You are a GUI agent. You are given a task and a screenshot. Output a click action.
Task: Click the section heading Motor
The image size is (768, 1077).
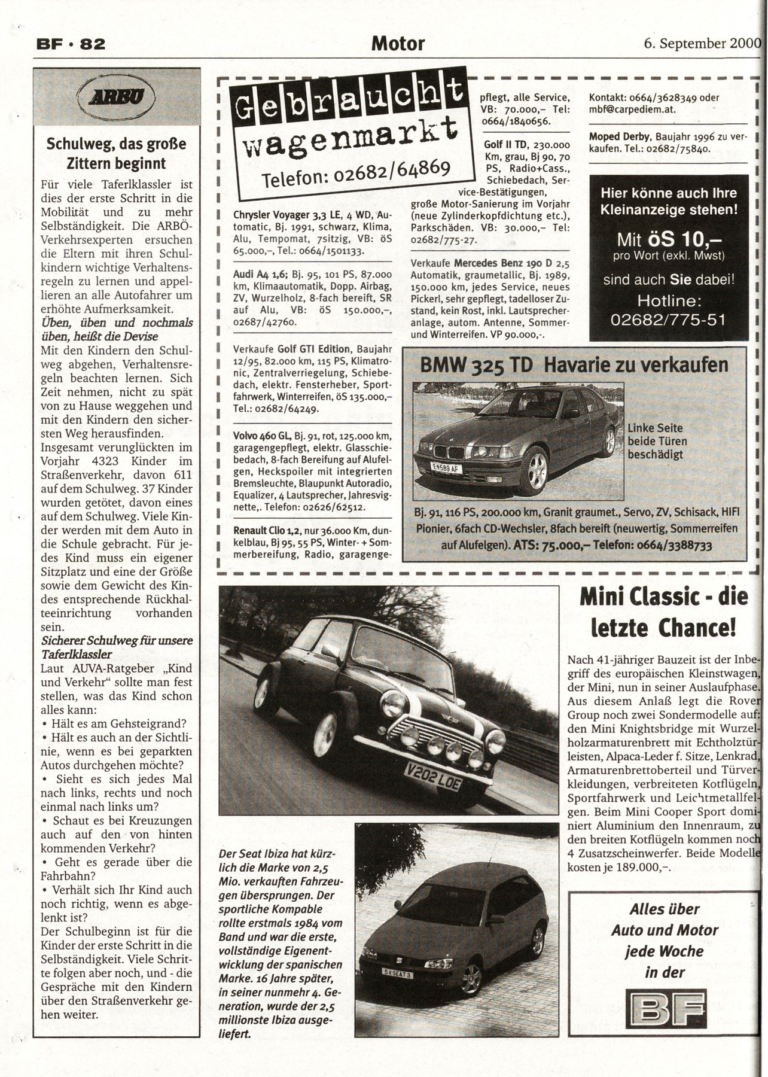tap(398, 43)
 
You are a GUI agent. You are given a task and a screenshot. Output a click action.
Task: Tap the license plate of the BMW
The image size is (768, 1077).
tap(446, 468)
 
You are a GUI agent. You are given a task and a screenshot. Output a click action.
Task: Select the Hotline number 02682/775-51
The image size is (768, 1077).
tap(668, 320)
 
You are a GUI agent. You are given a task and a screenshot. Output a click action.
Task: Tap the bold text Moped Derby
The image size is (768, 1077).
tap(618, 136)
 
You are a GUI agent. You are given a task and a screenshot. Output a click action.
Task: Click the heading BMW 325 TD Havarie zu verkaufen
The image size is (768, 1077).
tap(574, 364)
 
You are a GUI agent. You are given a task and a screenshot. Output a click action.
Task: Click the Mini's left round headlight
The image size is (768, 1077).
tap(395, 702)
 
